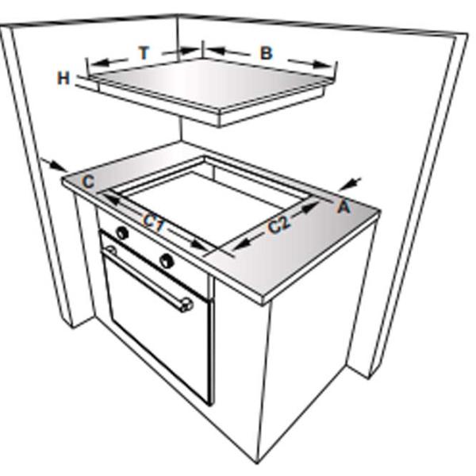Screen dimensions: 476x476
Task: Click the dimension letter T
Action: (x=144, y=52)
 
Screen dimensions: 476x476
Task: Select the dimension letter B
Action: (x=267, y=53)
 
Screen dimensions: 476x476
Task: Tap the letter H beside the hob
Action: (x=63, y=78)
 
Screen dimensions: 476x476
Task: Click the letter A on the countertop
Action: (x=344, y=207)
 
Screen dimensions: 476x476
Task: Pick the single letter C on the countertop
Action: (x=88, y=182)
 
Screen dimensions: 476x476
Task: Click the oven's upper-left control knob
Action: (x=122, y=233)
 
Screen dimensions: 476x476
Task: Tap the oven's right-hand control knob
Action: (x=167, y=260)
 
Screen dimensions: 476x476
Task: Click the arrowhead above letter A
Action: (x=349, y=184)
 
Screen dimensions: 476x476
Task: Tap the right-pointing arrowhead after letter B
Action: (x=323, y=64)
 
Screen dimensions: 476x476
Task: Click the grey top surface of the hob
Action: (x=209, y=82)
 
